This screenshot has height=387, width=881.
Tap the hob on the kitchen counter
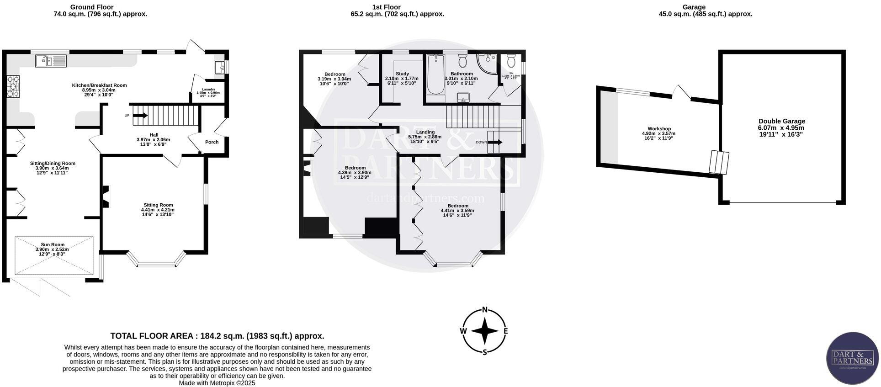pos(13,86)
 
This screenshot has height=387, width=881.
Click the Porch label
pos(212,142)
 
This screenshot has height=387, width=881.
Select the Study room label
pos(402,74)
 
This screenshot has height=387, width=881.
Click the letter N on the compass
pos(485,309)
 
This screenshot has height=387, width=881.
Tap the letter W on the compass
pos(463,331)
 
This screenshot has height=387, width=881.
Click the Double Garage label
pos(782,121)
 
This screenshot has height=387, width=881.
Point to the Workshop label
pos(659,129)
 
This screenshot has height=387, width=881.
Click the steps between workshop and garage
pos(719,162)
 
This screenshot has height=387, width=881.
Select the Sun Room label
pos(53,244)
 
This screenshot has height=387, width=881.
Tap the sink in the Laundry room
pos(219,68)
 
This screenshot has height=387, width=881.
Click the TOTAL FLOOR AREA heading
pos(217,336)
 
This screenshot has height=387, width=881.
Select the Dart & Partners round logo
pos(852,358)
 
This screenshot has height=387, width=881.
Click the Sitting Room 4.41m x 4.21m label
pos(158,205)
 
